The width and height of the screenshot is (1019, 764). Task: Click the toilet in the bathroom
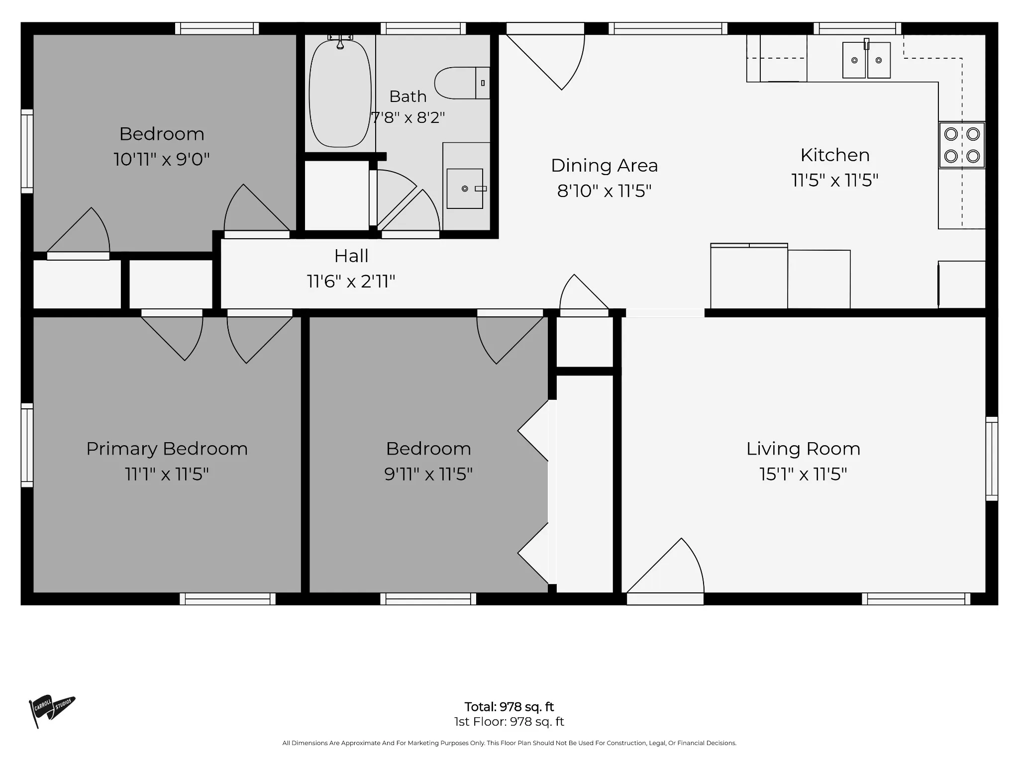click(462, 83)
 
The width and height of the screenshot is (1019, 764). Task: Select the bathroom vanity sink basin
click(465, 189)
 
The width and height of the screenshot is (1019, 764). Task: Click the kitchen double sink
click(866, 60)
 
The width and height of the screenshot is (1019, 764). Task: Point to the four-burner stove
click(962, 145)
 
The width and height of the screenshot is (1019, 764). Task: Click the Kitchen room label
click(835, 155)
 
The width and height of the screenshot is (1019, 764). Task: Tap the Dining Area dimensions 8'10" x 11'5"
click(604, 191)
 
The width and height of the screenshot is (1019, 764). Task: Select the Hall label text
click(351, 256)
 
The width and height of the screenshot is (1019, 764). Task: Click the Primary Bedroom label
click(167, 449)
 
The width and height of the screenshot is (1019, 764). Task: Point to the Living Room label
click(803, 449)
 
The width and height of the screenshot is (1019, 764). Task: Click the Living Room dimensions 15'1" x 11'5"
click(803, 474)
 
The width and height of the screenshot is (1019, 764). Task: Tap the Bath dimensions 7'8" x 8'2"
click(408, 118)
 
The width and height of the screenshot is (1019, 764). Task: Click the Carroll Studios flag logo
click(51, 710)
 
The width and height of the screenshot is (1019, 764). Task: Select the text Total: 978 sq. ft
click(509, 707)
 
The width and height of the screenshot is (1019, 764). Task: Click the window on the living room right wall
click(992, 459)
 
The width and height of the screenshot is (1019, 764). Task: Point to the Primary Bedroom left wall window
click(27, 445)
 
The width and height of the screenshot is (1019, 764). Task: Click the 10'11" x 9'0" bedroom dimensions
click(162, 159)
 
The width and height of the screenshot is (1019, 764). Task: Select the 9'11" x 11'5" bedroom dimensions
click(428, 474)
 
